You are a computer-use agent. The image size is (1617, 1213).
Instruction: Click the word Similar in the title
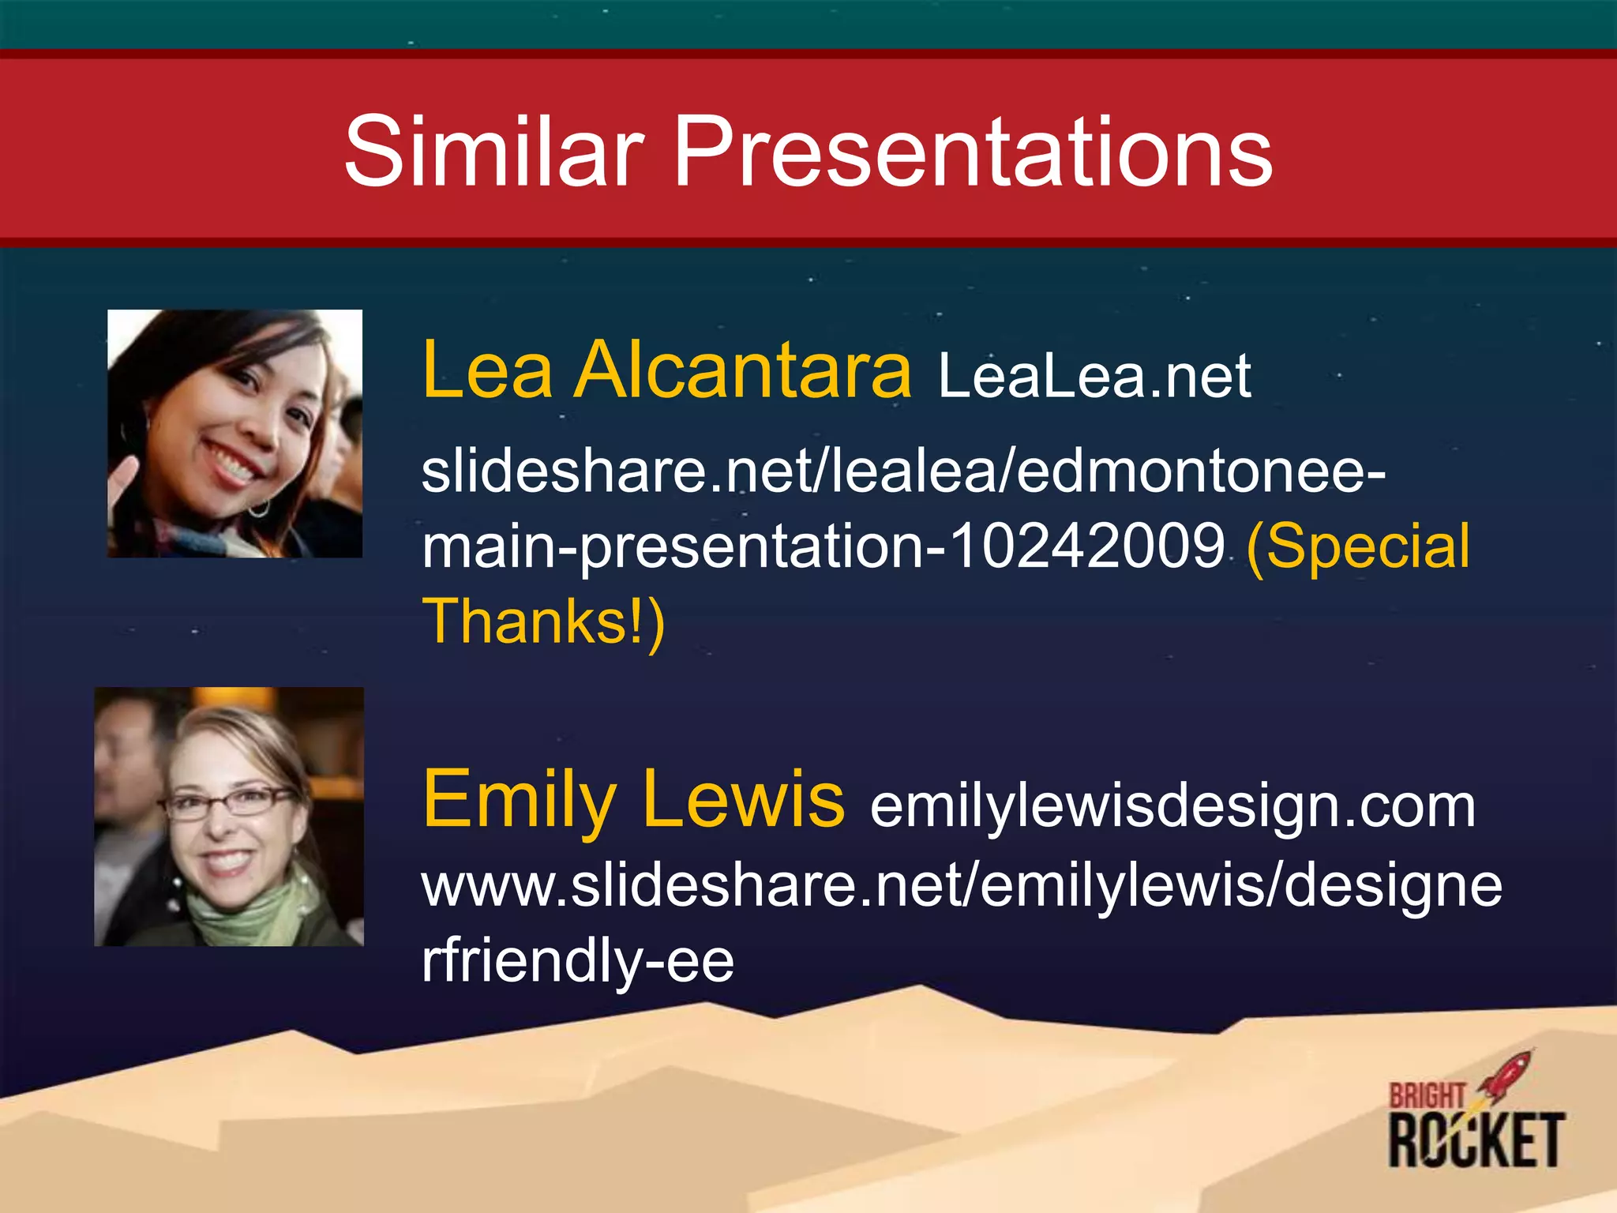494,152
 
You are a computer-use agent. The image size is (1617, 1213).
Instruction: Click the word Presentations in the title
972,152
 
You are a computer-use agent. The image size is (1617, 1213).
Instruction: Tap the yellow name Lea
487,370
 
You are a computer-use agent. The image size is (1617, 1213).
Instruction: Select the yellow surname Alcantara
743,370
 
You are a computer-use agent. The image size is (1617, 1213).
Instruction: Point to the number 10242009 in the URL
1086,546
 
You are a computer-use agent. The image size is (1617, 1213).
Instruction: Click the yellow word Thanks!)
543,622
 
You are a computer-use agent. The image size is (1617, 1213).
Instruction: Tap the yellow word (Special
1357,546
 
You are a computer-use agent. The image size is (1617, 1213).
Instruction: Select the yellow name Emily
520,802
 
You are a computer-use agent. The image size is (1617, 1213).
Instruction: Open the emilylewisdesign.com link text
1172,806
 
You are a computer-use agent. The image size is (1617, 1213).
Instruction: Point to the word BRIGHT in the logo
1427,1096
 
